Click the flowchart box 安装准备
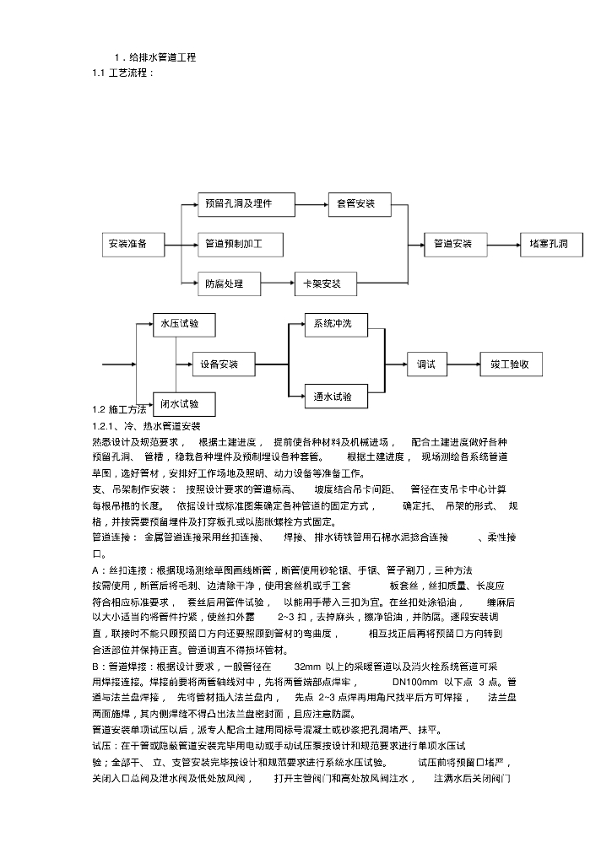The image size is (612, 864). (x=128, y=245)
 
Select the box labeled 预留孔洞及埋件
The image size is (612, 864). (x=236, y=203)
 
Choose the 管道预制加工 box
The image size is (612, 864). (x=240, y=245)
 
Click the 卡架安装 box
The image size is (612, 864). (x=325, y=284)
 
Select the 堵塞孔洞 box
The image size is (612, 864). (x=555, y=245)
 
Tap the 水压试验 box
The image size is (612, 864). (x=183, y=324)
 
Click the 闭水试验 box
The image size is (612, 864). (x=183, y=404)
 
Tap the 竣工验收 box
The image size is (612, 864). (x=511, y=364)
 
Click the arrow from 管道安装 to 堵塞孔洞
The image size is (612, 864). (x=505, y=245)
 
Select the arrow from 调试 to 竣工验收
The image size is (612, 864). (x=465, y=364)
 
